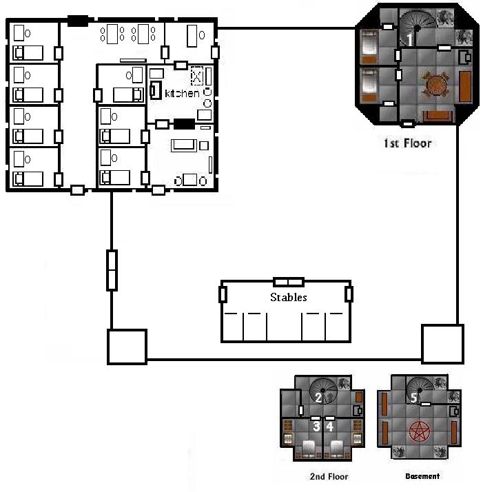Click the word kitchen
182,93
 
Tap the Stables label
289,297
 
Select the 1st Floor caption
407,143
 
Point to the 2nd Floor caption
329,476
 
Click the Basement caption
422,476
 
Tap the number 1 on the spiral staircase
409,39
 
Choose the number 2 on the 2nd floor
318,398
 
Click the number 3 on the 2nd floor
316,427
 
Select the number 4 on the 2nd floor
329,427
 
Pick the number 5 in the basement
413,398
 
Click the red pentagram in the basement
420,431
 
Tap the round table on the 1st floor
435,85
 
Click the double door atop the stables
289,282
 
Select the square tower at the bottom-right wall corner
442,344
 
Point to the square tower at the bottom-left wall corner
127,347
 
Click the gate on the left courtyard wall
112,270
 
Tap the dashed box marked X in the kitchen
197,76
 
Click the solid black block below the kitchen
184,124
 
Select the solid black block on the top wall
78,21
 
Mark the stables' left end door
223,294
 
